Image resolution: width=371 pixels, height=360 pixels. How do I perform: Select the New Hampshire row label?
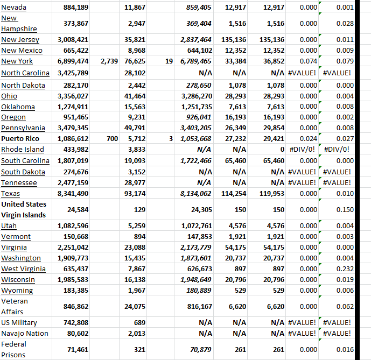[19, 24]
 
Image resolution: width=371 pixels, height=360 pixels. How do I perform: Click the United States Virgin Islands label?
[24, 209]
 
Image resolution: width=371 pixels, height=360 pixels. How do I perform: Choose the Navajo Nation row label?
[24, 333]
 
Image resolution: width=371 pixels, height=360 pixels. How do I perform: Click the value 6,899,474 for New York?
[73, 61]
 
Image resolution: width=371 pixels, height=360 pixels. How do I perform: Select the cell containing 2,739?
[110, 61]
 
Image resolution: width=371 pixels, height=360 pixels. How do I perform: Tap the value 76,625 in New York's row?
[135, 61]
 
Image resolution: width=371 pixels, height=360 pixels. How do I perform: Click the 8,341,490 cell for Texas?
[73, 194]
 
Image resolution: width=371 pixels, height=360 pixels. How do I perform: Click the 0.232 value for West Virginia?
[344, 269]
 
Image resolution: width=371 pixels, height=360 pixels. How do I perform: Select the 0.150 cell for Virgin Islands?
[344, 209]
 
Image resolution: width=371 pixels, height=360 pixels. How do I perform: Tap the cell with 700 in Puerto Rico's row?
[112, 139]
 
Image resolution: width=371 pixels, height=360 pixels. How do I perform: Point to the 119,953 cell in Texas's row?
[271, 194]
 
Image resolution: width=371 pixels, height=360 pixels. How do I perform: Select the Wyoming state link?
[17, 291]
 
